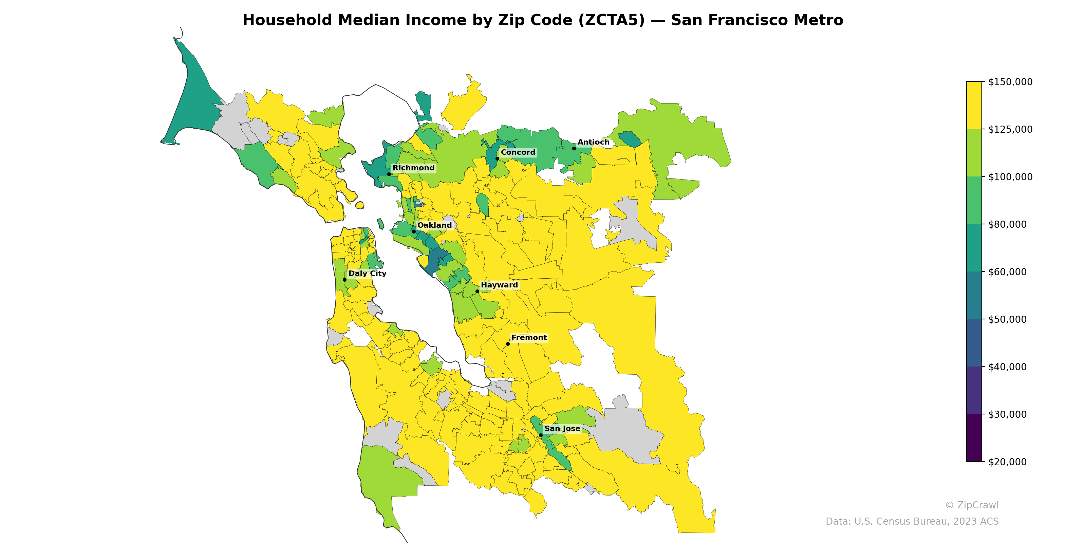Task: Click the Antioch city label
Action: click(593, 143)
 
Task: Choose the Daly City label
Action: click(367, 274)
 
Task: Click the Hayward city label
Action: click(499, 285)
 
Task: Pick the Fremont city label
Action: click(529, 338)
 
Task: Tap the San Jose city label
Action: click(562, 429)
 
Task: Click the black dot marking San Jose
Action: click(541, 435)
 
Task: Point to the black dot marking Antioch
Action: click(574, 148)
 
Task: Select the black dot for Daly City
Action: click(344, 280)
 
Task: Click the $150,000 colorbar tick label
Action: click(1010, 82)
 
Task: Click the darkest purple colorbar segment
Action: click(974, 437)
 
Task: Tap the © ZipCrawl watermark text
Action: click(971, 505)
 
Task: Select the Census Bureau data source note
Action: click(912, 522)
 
